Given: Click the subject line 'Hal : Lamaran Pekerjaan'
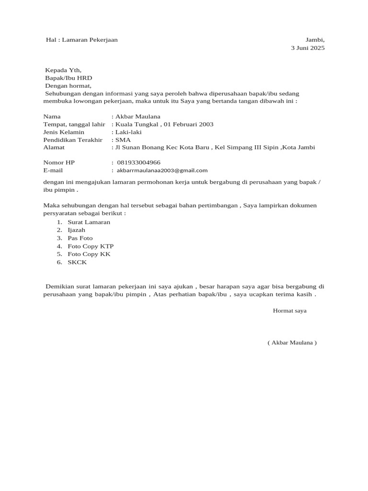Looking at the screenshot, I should click(81, 40).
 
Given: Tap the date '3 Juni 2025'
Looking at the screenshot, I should click(308, 48).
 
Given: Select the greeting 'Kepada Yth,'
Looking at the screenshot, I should click(63, 70).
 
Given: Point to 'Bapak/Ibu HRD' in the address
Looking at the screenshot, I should click(69, 78).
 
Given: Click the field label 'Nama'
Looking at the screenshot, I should click(52, 117).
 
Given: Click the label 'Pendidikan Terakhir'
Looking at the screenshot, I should click(73, 140).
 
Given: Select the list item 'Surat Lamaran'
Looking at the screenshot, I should click(89, 222).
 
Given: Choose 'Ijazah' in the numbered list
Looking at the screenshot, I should click(76, 230).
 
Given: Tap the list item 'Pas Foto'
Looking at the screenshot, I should click(80, 238).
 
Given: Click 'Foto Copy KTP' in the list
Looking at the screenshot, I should click(91, 246).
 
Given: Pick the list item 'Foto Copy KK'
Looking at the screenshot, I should click(89, 254).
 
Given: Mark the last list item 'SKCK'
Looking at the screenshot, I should click(77, 262).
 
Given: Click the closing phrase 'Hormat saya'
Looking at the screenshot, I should click(289, 311).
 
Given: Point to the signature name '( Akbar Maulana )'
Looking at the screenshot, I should click(292, 342).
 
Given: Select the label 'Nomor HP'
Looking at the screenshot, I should click(59, 163).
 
